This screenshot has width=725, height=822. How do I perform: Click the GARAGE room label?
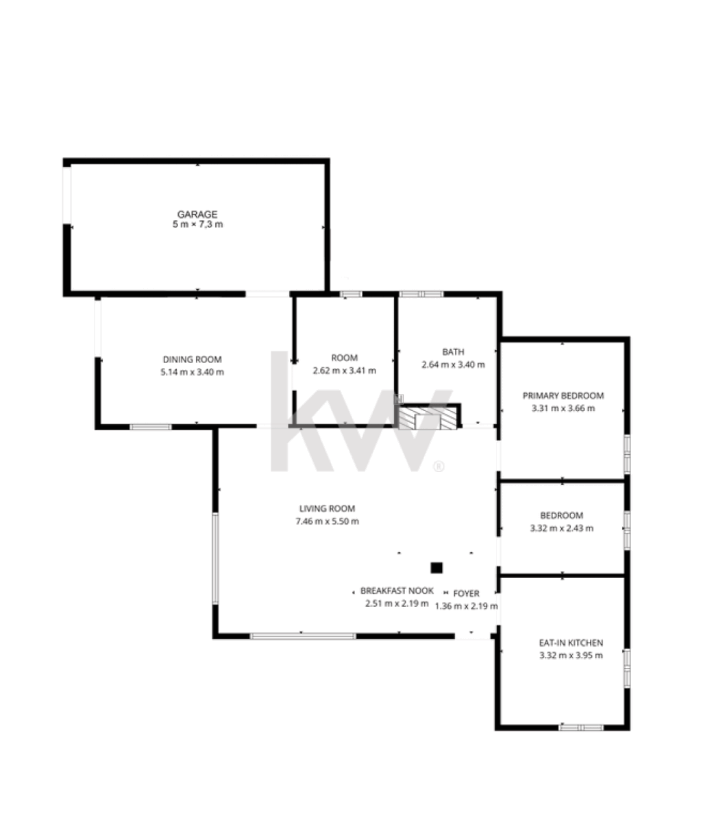point(197,214)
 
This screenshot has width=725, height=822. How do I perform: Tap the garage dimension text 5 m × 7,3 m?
point(197,225)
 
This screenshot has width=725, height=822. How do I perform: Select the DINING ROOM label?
point(193,360)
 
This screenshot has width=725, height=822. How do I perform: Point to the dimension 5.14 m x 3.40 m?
point(193,372)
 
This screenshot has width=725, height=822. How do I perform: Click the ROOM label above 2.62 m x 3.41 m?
point(344,358)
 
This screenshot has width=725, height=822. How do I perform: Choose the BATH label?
point(454,352)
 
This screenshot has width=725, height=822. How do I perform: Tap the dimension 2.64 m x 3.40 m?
point(454,364)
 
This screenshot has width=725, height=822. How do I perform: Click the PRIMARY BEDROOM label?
point(563,395)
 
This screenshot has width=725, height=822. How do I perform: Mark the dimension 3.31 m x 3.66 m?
point(563,408)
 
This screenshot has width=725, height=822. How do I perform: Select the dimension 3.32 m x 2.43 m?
point(562,528)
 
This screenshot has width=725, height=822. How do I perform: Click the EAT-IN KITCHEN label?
point(571,643)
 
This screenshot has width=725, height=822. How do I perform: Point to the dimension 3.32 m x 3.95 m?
point(571,656)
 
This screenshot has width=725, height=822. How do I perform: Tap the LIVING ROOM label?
point(327,508)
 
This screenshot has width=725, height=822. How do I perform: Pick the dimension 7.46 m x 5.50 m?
point(327,521)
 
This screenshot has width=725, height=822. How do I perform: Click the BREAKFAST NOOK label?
point(397,590)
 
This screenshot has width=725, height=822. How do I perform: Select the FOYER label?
point(467,594)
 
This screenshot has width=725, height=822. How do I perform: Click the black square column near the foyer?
point(437,568)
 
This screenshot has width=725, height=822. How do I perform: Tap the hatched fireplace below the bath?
point(428,419)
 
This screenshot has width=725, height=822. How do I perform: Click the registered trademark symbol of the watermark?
point(439,467)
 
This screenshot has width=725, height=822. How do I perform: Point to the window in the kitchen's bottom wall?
point(581,728)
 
